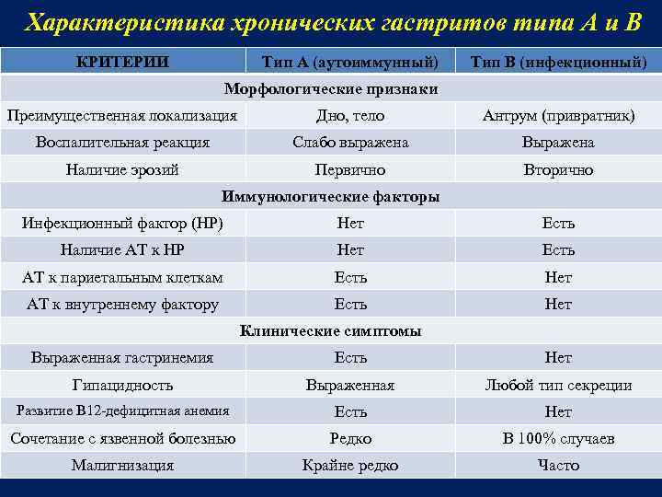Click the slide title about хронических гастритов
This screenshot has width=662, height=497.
coord(331,22)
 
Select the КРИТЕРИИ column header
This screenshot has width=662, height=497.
coord(122,62)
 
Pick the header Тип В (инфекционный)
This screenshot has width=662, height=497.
coord(558,63)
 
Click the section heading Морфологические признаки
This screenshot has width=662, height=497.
coord(331,89)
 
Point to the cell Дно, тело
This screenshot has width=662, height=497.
coord(350,116)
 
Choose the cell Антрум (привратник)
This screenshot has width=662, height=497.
coord(558,116)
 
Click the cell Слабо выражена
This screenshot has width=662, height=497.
coord(350,143)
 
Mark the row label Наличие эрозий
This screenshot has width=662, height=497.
coord(122,169)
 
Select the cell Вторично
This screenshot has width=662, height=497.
coord(558,169)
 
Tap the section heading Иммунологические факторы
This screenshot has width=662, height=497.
coord(331,196)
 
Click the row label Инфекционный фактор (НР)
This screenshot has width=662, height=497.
coord(122,223)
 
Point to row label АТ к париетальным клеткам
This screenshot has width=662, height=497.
coord(122,277)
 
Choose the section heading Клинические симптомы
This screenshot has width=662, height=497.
coord(331,330)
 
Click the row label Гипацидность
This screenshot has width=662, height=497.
coord(122,385)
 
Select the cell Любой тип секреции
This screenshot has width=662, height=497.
coord(558,385)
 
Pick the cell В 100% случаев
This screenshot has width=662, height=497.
coord(558,439)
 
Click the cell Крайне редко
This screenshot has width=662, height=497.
coord(350,466)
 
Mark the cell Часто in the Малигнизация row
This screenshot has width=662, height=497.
coord(558,466)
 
